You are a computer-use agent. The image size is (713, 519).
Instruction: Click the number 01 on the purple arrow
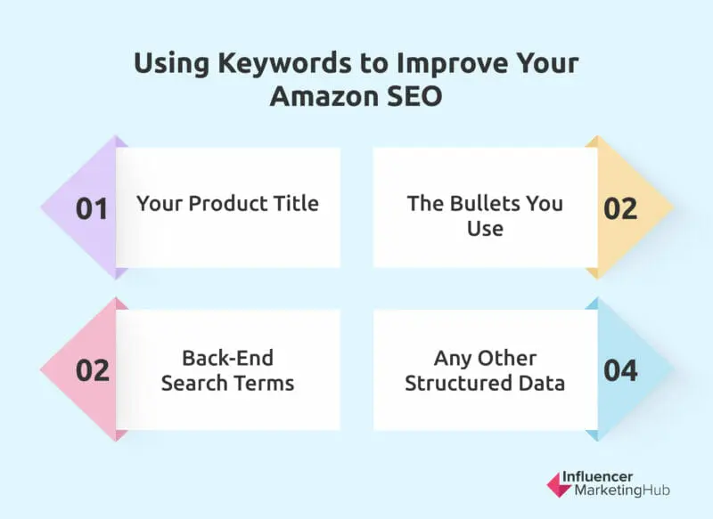[x=93, y=208]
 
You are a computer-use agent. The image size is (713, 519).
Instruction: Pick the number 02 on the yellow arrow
[x=620, y=208]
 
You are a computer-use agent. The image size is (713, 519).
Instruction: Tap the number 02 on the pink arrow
[x=93, y=369]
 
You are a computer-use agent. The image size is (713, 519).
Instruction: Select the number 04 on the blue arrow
[x=620, y=369]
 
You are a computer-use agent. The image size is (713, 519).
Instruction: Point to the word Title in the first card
[x=297, y=203]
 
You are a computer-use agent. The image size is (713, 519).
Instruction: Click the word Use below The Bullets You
[x=485, y=229]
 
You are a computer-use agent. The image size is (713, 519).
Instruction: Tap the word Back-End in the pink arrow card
[x=227, y=358]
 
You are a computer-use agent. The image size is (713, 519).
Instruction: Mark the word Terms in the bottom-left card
[x=265, y=384]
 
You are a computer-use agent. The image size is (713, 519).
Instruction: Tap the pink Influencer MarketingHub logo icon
[x=558, y=484]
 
